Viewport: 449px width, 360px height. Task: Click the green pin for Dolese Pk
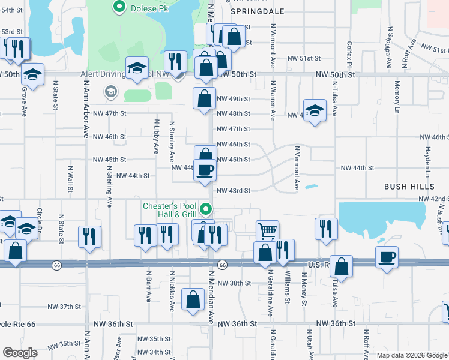point(119,7)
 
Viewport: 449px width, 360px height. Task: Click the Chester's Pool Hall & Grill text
point(170,210)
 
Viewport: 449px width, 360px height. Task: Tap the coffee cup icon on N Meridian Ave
point(205,170)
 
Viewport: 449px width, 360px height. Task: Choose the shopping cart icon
point(267,230)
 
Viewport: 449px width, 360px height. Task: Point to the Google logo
point(20,353)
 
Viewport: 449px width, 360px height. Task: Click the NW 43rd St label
point(233,191)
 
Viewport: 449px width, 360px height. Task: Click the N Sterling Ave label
point(110,189)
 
